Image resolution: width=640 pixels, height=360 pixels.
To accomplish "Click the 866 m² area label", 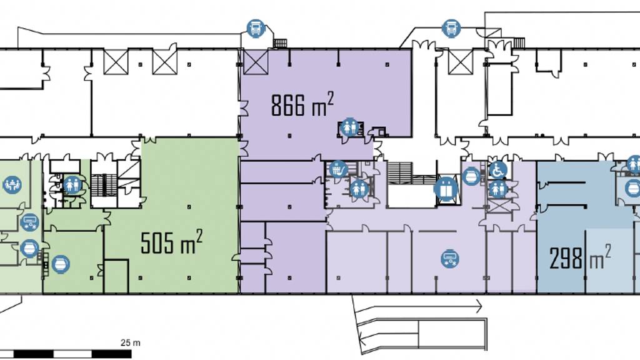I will click(302, 105).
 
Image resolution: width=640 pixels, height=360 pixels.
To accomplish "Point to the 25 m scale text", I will click(131, 342).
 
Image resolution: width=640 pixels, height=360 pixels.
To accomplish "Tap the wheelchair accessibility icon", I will click(497, 169).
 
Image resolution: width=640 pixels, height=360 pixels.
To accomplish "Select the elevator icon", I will click(446, 189).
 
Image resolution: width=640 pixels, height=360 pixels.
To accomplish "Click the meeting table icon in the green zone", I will click(11, 184).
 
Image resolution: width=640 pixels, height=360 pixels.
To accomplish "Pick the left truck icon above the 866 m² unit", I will click(255, 29).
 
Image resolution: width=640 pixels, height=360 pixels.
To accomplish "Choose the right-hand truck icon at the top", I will click(451, 28).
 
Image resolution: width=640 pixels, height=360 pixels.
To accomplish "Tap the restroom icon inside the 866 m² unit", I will click(349, 127).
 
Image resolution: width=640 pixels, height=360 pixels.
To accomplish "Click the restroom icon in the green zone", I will click(73, 184).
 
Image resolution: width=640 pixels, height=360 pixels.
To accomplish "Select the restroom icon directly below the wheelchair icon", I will click(497, 188).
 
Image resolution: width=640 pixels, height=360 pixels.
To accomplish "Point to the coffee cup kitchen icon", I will click(338, 168).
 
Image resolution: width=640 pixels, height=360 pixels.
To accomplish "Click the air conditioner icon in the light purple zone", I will click(449, 257).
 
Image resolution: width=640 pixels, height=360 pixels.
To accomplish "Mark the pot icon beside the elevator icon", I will click(472, 177).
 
